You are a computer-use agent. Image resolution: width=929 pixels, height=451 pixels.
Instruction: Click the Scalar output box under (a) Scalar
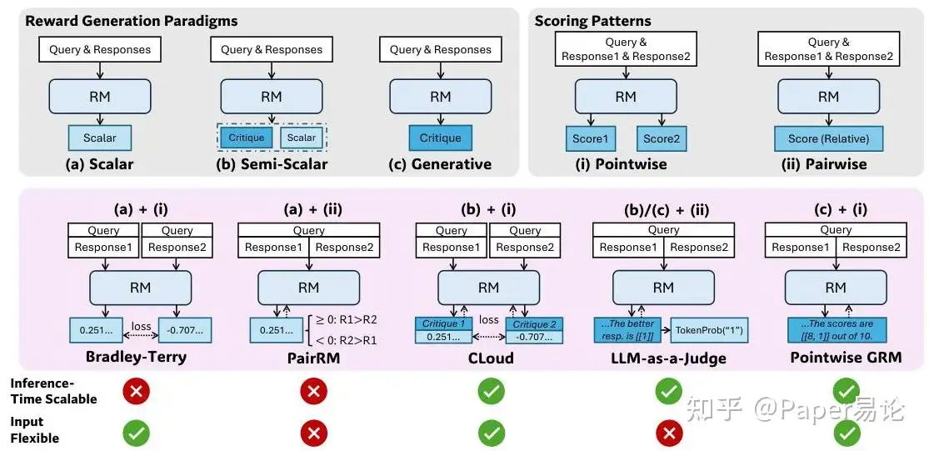[100, 138]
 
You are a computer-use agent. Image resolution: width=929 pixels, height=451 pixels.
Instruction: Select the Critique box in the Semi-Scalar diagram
[246, 138]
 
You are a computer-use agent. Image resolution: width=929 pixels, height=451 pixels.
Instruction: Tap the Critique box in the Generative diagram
[440, 138]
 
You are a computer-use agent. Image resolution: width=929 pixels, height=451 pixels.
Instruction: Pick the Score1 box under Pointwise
[589, 138]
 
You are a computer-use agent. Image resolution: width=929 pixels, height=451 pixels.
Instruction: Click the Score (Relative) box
[828, 138]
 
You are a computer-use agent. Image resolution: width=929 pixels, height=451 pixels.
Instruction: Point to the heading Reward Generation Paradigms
[132, 21]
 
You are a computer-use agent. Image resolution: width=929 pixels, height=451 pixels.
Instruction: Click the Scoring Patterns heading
[593, 21]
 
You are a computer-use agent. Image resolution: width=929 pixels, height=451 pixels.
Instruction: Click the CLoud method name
[488, 358]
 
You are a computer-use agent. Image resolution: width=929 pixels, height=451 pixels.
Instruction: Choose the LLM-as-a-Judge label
[663, 358]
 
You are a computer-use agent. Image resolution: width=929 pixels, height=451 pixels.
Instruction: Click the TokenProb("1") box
[706, 329]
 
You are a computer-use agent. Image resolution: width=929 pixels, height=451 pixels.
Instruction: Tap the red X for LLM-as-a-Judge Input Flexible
[667, 431]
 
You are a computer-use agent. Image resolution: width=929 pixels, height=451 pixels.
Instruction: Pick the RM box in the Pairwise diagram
[828, 97]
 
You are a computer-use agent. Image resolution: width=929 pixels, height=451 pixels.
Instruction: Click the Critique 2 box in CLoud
[531, 323]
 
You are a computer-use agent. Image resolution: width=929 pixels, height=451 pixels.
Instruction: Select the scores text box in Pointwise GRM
[836, 329]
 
